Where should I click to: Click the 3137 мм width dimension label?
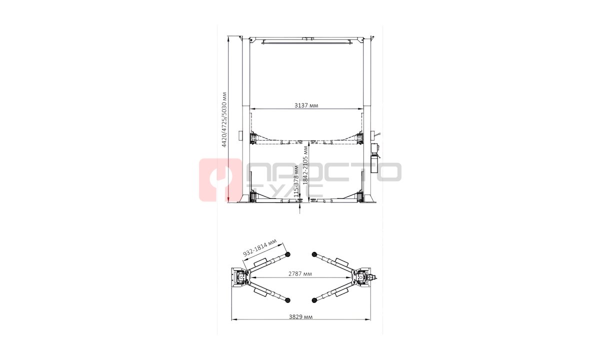point(306,105)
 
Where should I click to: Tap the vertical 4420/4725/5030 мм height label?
point(224,119)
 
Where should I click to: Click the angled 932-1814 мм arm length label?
point(260,248)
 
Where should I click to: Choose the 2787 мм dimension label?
point(300,274)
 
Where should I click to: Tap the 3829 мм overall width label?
point(300,317)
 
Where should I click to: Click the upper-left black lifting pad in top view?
point(288,254)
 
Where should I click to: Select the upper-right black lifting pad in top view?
point(314,254)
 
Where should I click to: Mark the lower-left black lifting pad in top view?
point(288,300)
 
